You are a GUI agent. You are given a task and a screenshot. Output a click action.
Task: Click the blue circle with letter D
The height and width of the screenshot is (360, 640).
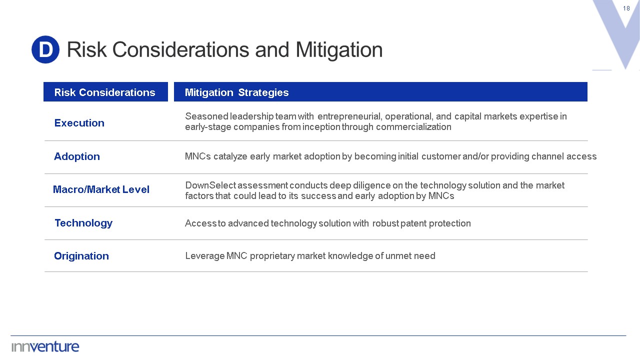click(45, 49)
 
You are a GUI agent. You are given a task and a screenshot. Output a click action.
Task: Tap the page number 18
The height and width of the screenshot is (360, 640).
click(626, 8)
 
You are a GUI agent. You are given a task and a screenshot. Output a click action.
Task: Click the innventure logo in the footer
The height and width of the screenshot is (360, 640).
click(45, 347)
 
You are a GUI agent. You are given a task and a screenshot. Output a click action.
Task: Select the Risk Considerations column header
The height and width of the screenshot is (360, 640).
click(105, 92)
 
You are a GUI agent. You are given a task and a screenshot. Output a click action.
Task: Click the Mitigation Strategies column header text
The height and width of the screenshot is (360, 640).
click(236, 92)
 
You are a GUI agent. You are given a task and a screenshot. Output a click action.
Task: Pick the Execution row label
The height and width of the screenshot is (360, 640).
click(79, 123)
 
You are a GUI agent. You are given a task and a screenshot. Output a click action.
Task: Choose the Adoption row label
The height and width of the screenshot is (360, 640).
click(77, 156)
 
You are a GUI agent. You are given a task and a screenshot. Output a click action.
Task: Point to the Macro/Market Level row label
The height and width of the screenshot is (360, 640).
click(101, 189)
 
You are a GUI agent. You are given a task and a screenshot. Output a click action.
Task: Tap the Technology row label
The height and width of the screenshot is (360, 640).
click(83, 223)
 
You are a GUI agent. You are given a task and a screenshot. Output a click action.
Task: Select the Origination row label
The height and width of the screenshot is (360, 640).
click(81, 256)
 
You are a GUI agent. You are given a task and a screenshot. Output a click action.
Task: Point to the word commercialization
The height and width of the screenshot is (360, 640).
click(413, 127)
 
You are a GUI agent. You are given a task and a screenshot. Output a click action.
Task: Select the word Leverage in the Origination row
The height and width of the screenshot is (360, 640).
click(205, 256)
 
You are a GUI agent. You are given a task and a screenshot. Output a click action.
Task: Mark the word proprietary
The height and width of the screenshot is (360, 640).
click(272, 256)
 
